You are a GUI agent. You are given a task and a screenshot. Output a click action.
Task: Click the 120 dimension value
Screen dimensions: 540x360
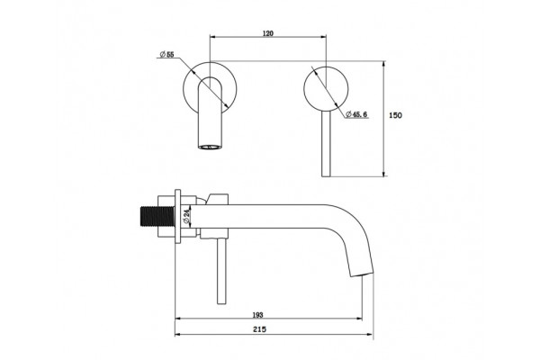pyautogui.click(x=268, y=33)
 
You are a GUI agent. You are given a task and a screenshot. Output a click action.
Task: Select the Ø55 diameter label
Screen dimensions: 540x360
pyautogui.click(x=167, y=54)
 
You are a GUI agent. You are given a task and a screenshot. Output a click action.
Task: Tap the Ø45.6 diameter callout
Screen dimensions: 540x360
pyautogui.click(x=356, y=114)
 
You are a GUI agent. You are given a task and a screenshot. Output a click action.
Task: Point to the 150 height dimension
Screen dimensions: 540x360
pyautogui.click(x=395, y=115)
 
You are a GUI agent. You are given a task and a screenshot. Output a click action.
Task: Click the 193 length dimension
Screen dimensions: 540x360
pyautogui.click(x=257, y=315)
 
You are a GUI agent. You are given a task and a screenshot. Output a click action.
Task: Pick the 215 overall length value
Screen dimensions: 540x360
pyautogui.click(x=259, y=329)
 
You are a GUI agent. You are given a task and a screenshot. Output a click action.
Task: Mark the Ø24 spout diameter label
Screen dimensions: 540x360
pyautogui.click(x=186, y=216)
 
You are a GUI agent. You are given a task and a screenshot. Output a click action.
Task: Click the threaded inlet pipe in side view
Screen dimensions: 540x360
pyautogui.click(x=158, y=216)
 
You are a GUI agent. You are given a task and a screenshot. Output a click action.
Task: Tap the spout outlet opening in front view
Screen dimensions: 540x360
pyautogui.click(x=210, y=147)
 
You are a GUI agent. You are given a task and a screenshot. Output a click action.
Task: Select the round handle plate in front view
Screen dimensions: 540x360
pyautogui.click(x=326, y=89)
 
